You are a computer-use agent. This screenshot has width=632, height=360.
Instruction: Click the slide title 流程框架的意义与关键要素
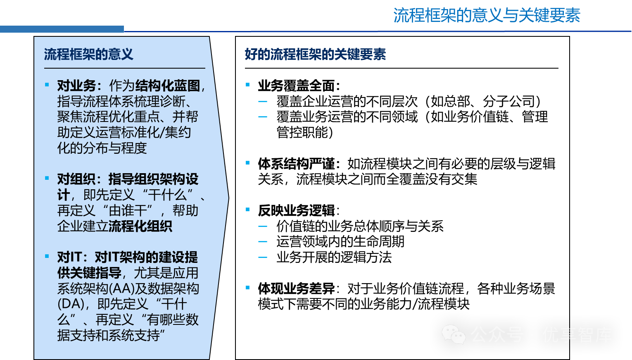[x=487, y=16]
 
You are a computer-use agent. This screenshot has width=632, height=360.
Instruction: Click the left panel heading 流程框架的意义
[x=88, y=54]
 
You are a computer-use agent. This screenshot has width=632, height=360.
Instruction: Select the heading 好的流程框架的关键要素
[x=315, y=54]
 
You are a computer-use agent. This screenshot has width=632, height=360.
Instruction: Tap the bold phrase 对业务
[x=76, y=86]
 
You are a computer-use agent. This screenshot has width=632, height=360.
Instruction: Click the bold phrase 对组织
[x=76, y=179]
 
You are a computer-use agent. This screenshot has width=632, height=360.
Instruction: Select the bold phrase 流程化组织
[x=140, y=226]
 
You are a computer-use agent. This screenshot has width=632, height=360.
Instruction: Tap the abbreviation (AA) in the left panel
[x=122, y=288]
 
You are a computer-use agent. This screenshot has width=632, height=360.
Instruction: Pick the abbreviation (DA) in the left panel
[x=71, y=304]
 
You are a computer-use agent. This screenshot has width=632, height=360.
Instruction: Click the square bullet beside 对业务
[x=47, y=85]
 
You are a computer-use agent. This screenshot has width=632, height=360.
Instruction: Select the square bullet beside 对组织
[x=47, y=178]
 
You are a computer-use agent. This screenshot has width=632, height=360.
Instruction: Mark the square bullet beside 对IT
[x=47, y=256]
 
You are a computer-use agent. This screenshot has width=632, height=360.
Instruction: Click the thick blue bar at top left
[x=62, y=29]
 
